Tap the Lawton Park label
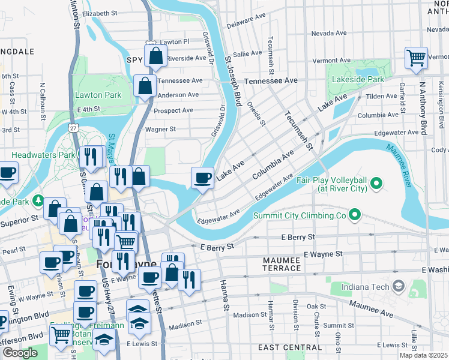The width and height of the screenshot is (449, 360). tap(98, 95)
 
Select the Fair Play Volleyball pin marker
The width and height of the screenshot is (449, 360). tap(376, 182)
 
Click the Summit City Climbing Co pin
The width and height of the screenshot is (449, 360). tap(355, 214)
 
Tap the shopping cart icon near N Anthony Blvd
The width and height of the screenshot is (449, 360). tap(416, 59)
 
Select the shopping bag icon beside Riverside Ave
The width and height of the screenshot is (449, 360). tap(155, 56)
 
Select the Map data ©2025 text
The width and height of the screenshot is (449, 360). tap(424, 355)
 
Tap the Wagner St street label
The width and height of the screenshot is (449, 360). tap(160, 129)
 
